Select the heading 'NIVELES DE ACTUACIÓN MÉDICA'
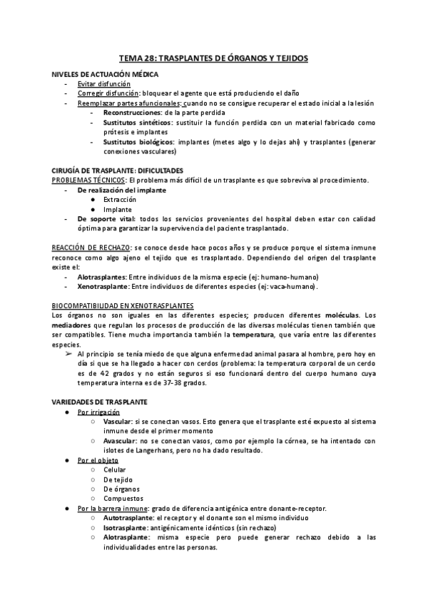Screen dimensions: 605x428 106,74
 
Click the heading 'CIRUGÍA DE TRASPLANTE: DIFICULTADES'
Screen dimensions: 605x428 118,171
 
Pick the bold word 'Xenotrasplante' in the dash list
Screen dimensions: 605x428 106,286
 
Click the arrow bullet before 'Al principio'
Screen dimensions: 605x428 68,354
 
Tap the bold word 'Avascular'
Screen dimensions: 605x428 123,441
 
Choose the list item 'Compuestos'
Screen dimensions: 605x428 123,499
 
